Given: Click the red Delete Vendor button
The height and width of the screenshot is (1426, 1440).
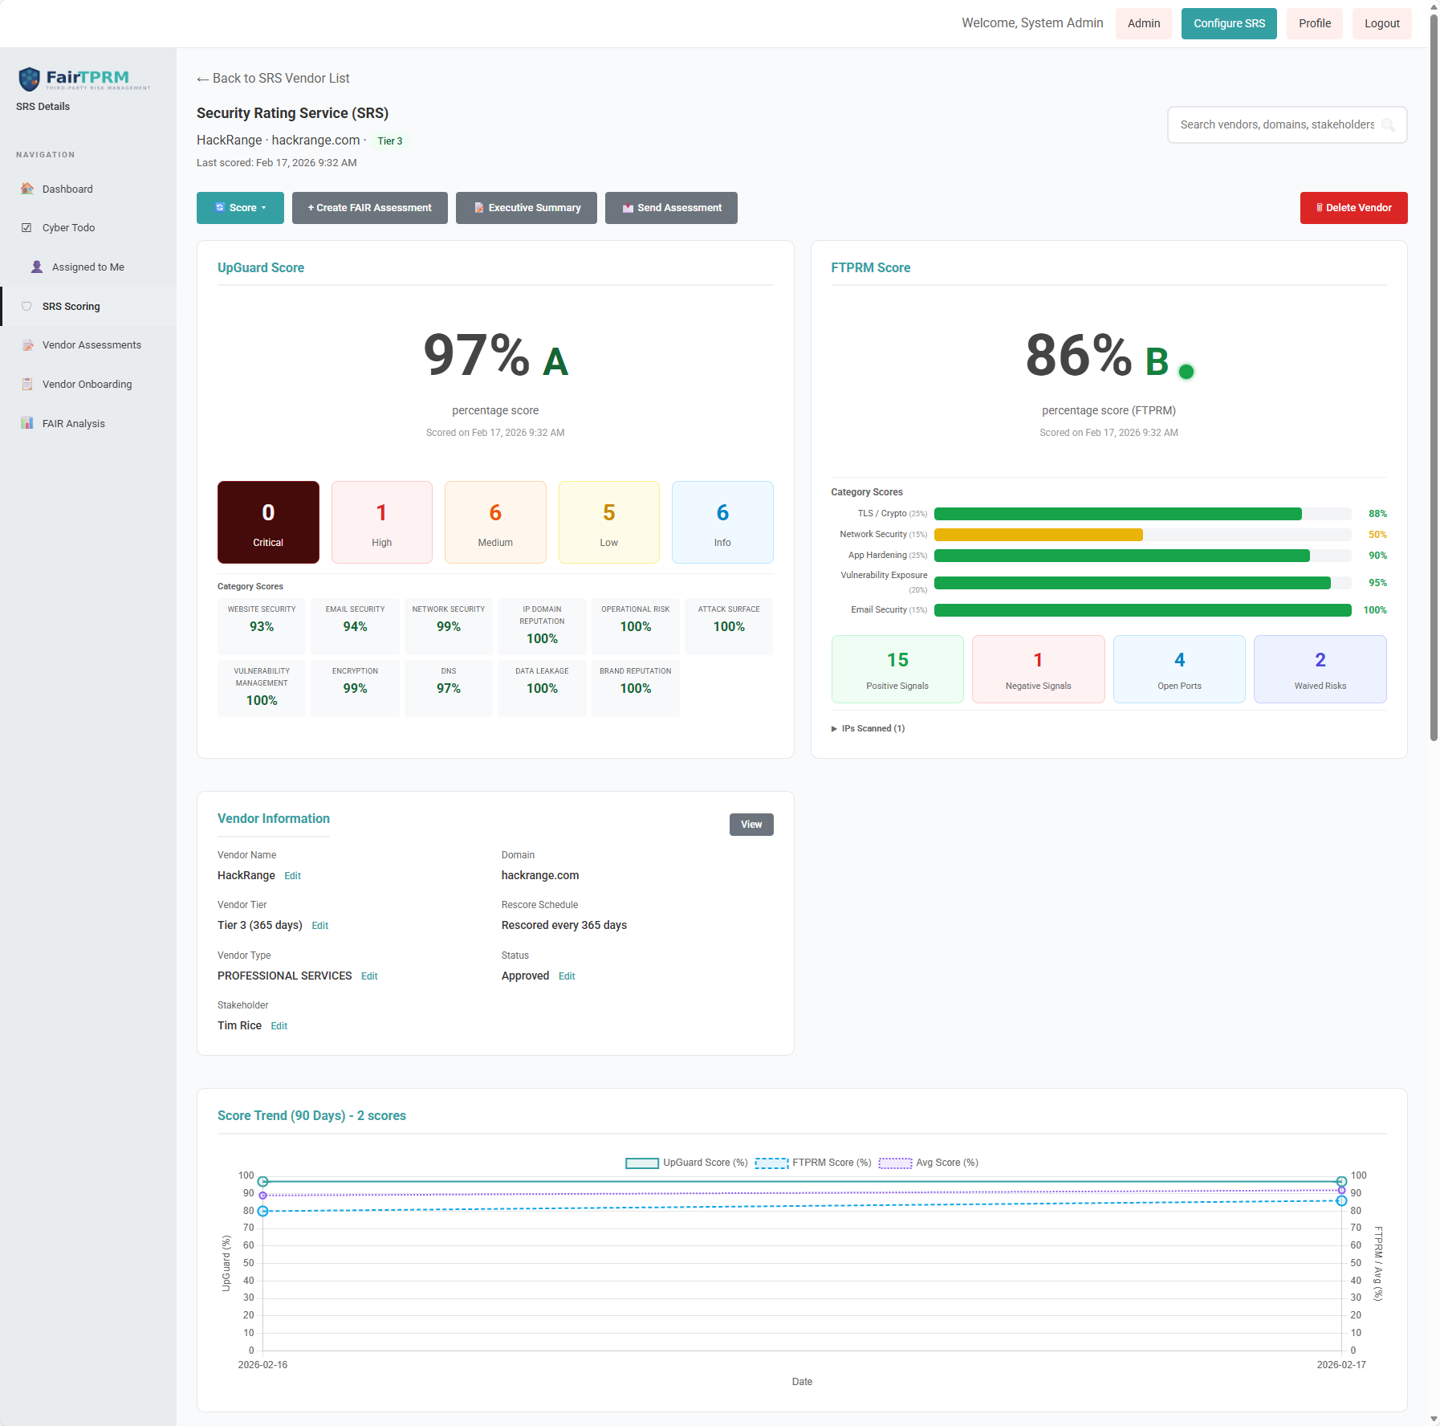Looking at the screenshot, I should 1353,208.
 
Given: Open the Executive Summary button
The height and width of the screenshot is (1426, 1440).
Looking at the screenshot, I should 526,208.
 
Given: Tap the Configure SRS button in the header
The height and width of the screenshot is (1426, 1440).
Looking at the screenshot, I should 1228,23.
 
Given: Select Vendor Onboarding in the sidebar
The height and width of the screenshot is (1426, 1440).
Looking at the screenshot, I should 87,385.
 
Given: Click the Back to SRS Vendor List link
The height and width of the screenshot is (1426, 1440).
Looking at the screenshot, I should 273,79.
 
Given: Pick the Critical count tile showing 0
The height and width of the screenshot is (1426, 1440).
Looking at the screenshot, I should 268,523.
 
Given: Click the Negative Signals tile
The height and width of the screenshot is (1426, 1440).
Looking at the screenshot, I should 1038,670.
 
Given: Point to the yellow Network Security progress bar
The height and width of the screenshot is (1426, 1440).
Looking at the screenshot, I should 1038,535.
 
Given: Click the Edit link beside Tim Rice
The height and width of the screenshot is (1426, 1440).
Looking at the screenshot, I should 279,1026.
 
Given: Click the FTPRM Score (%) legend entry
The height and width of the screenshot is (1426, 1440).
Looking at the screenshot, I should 813,1163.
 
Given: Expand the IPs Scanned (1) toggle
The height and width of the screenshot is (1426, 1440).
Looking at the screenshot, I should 868,729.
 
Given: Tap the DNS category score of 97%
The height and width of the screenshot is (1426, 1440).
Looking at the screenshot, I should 448,688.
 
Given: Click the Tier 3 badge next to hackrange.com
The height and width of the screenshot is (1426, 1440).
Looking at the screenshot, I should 390,141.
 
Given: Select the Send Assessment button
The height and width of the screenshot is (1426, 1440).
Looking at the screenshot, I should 671,208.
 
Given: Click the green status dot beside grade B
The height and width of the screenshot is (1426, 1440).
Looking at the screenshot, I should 1186,372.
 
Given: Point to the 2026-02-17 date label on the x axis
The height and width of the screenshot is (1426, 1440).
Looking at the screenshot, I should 1340,1365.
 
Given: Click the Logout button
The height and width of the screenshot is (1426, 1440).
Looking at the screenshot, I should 1381,23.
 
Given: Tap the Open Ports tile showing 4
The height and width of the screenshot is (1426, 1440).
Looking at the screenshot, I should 1179,670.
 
